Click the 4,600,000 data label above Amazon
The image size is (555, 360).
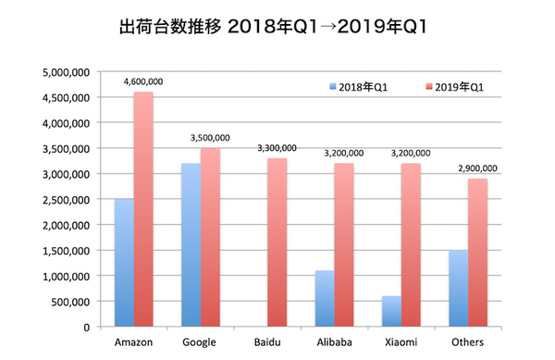(x=142, y=81)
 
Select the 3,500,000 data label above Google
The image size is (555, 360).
(x=209, y=138)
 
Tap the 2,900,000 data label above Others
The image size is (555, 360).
(x=477, y=168)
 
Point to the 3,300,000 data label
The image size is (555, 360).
(x=277, y=148)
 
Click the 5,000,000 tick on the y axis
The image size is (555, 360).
(x=64, y=71)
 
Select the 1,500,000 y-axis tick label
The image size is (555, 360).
(x=64, y=251)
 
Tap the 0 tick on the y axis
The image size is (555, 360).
(x=84, y=328)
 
